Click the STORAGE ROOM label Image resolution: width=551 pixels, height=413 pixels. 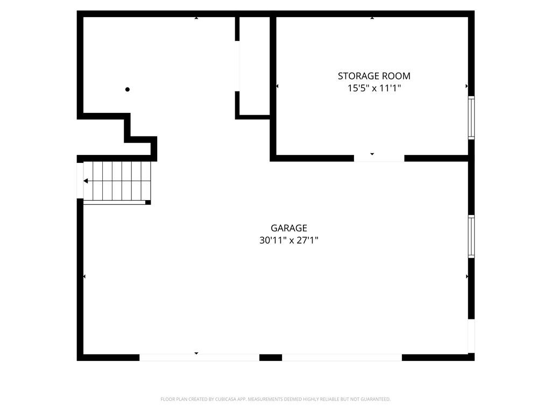[374, 76]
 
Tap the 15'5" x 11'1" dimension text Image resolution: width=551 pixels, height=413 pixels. [374, 88]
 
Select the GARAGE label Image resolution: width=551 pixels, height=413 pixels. [289, 228]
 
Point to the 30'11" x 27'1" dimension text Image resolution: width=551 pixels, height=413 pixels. [289, 240]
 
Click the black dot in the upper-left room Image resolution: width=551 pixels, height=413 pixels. [128, 89]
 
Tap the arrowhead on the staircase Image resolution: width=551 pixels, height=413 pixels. [86, 181]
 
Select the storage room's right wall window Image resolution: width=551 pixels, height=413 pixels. [471, 118]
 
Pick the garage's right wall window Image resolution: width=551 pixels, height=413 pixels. [471, 236]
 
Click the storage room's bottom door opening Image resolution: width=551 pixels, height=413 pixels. [379, 158]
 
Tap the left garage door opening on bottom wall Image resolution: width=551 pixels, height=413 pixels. [199, 357]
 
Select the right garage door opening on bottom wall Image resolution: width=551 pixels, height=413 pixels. [342, 357]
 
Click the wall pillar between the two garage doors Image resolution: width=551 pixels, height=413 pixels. [271, 357]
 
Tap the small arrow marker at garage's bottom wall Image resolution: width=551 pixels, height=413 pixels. [196, 353]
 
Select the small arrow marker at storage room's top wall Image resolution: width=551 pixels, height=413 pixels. [372, 18]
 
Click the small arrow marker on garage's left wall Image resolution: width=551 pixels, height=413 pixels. [84, 276]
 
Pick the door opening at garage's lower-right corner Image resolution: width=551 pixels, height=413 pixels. [471, 336]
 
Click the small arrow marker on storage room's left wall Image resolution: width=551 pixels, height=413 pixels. [277, 86]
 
